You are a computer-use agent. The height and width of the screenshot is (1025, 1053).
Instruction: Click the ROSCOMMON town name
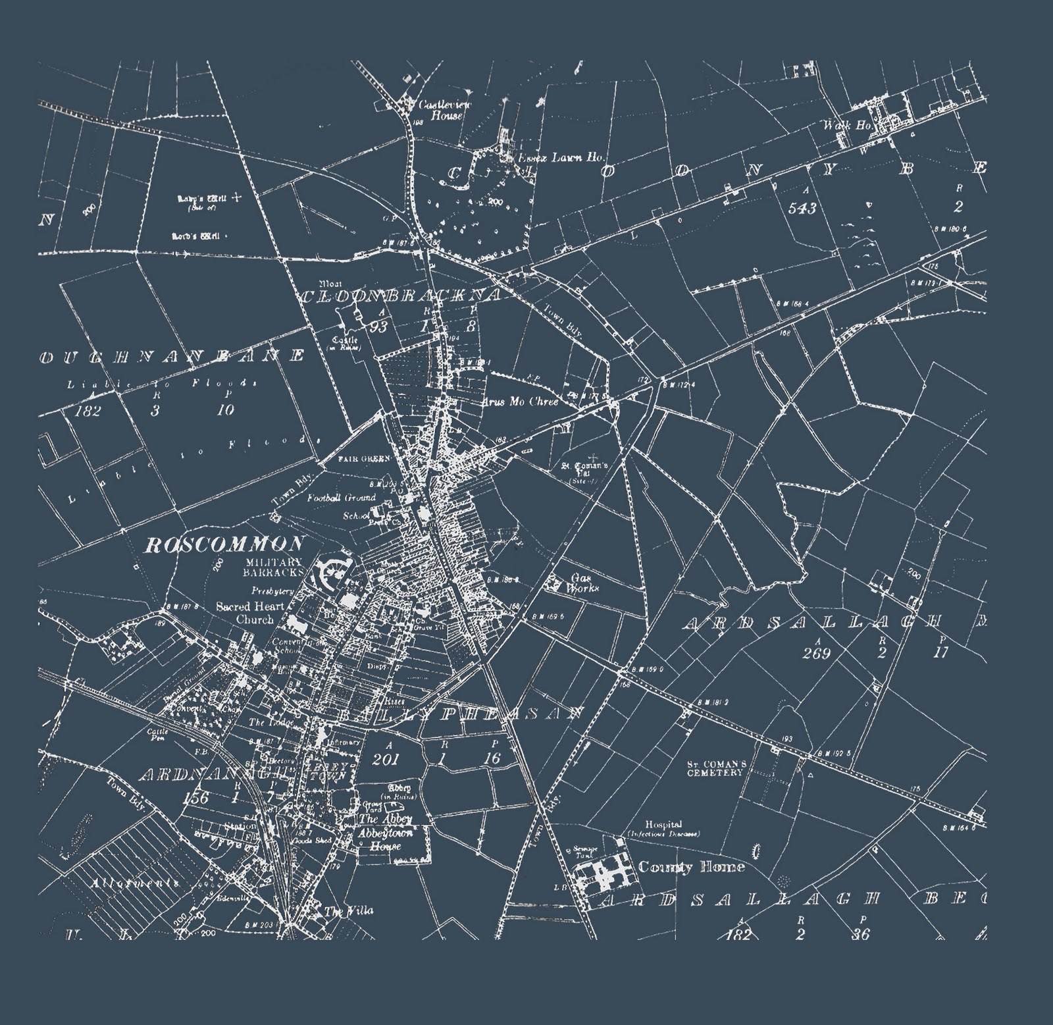pyautogui.click(x=224, y=544)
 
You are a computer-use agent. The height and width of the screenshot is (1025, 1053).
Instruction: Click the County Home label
pyautogui.click(x=691, y=867)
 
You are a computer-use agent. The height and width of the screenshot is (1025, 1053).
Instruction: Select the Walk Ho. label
pyautogui.click(x=836, y=124)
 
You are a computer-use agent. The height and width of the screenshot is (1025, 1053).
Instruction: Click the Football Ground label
pyautogui.click(x=341, y=498)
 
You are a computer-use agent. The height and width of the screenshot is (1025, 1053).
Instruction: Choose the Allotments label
pyautogui.click(x=136, y=883)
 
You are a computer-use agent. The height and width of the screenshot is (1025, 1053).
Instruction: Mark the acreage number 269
pyautogui.click(x=818, y=653)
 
